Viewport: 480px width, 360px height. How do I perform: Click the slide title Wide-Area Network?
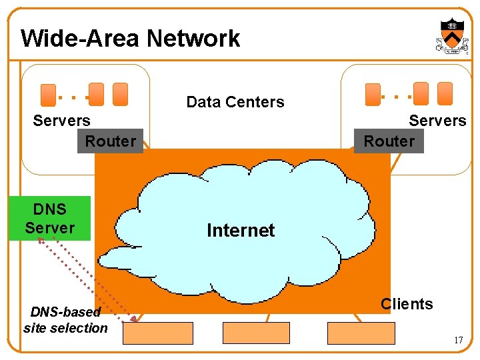tap(130, 39)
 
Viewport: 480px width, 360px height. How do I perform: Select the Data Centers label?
tap(235, 102)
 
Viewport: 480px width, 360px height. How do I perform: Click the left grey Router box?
tap(110, 141)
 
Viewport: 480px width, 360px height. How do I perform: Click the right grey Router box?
tap(389, 141)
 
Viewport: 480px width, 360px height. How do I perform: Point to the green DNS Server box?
tap(50, 219)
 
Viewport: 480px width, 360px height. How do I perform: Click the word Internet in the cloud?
tap(241, 231)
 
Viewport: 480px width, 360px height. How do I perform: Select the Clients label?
tap(407, 304)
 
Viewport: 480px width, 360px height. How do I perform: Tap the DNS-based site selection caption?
tap(65, 320)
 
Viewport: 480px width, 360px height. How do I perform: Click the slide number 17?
tap(458, 340)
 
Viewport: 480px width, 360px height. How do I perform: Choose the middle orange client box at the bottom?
tap(256, 333)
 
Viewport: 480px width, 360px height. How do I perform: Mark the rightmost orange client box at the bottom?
tap(361, 333)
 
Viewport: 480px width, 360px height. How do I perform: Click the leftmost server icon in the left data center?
tap(48, 95)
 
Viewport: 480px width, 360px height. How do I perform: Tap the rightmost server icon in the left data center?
tap(120, 94)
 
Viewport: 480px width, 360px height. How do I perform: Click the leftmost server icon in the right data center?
tap(373, 95)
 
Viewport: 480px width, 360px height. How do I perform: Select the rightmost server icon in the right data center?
tap(445, 94)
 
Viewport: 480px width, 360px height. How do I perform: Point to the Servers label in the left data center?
tap(61, 121)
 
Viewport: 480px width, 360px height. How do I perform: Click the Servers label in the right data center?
tap(437, 121)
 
